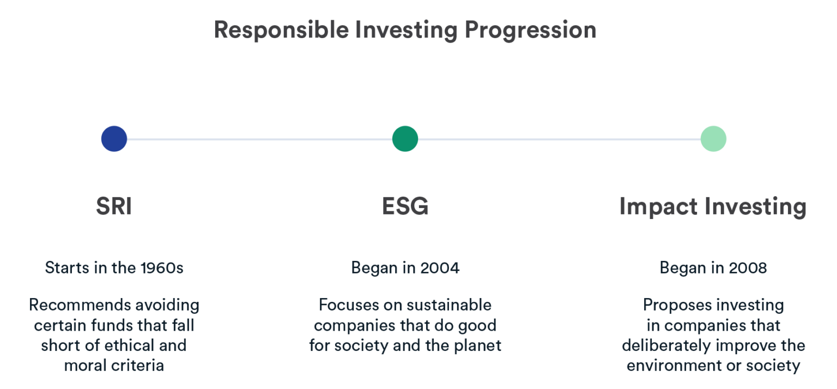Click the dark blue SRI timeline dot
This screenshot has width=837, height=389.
(x=114, y=138)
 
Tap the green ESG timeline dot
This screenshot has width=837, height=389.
(x=405, y=138)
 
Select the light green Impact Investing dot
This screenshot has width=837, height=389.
(x=713, y=138)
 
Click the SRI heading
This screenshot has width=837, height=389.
(x=114, y=207)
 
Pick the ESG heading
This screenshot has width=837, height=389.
(x=405, y=207)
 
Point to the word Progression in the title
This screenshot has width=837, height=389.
(x=530, y=30)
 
